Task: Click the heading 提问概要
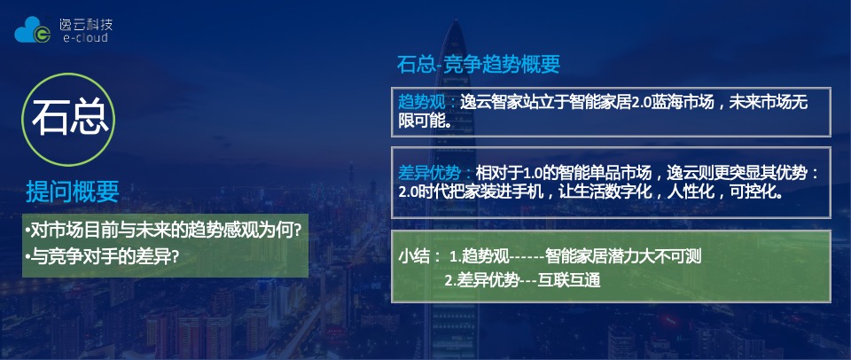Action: point(73,192)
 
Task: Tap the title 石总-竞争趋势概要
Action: point(478,65)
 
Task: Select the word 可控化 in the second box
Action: point(754,191)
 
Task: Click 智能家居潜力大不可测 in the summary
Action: point(624,257)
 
